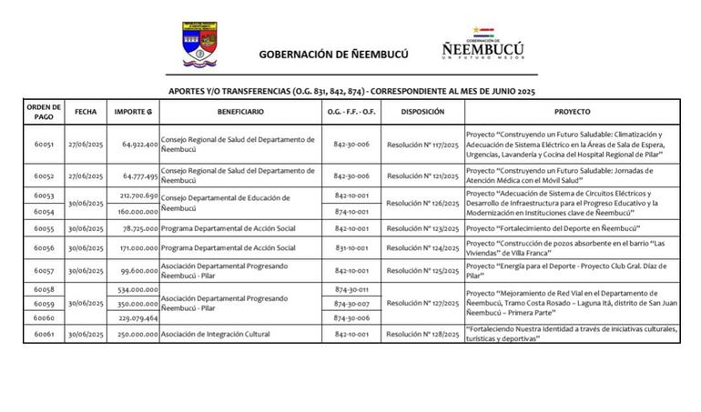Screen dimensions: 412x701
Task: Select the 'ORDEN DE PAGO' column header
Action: [x=44, y=111]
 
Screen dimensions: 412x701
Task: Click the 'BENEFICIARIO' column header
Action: [x=240, y=111]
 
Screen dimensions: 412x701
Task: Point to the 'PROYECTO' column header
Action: [x=572, y=111]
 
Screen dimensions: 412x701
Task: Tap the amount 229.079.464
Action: [x=138, y=318]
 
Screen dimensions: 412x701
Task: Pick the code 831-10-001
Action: [x=350, y=247]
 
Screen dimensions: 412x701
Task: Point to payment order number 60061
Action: [x=44, y=335]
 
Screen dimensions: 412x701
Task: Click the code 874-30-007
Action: [x=350, y=304]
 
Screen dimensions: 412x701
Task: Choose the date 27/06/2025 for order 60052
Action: [x=86, y=176]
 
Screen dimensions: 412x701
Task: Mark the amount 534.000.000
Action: [x=138, y=289]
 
